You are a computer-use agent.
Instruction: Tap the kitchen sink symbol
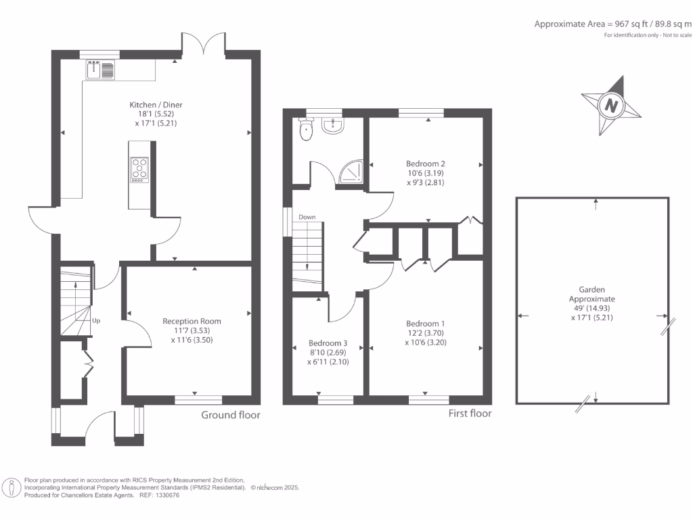[x=100, y=70]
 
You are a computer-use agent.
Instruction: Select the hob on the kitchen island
[x=139, y=170]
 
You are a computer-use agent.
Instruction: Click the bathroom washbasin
[x=332, y=125]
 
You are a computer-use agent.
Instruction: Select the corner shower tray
[x=351, y=172]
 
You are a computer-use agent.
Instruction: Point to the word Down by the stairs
[x=307, y=217]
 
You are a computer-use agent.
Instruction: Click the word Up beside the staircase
[x=96, y=321]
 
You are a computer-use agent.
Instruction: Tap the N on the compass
[x=611, y=106]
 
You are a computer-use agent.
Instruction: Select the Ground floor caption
[x=231, y=415]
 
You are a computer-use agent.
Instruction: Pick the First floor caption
[x=470, y=414]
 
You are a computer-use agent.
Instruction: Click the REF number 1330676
[x=168, y=495]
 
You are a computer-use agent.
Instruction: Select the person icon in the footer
[x=12, y=488]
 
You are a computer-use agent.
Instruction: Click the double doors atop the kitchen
[x=203, y=45]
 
